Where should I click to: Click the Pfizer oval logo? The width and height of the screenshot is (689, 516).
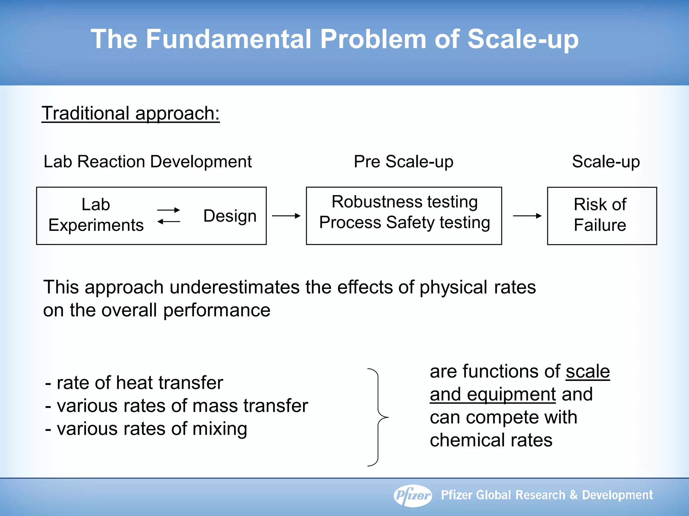coord(413,495)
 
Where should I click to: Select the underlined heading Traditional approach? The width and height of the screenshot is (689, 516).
coord(131,113)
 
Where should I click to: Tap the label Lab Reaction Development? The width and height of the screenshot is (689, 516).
coord(147,162)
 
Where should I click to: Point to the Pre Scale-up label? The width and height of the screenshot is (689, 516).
coord(403,162)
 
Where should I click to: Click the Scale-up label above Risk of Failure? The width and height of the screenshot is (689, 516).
coord(606,162)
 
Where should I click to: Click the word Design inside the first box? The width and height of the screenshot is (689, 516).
coord(230,216)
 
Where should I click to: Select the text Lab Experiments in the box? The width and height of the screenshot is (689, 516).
coord(96,215)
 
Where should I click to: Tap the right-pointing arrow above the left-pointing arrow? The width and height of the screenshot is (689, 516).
coord(169,210)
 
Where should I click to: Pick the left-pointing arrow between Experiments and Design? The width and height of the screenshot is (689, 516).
coord(169,221)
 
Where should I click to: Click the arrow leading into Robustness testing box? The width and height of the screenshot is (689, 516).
coord(286,216)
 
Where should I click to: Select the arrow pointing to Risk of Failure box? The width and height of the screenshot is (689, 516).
coord(527,216)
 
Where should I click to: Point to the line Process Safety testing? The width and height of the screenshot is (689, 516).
coord(404,223)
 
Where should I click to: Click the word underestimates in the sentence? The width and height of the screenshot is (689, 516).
coord(234,288)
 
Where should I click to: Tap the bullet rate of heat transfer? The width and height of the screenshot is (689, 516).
coord(135,383)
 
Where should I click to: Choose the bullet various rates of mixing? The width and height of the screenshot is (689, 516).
coord(146,429)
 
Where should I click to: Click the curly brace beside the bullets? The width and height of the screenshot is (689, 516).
coord(378,417)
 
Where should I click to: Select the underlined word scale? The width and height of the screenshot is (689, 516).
coord(587,372)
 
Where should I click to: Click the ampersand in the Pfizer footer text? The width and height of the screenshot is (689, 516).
coord(573,495)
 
